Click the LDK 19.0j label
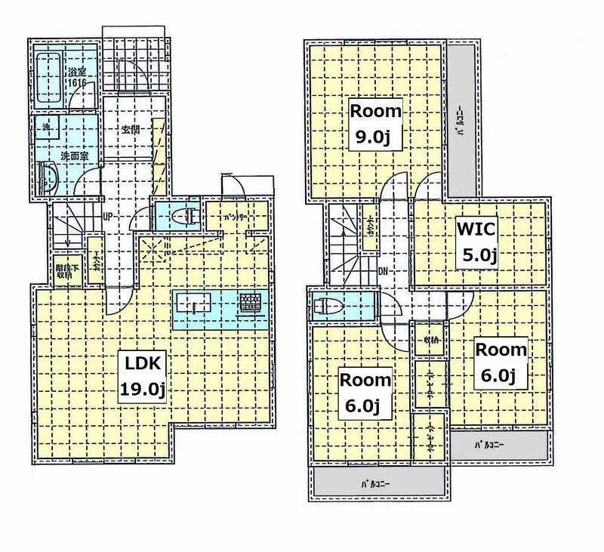pos(142,376)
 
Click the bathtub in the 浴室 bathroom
pos(51,79)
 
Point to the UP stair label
pos(108,216)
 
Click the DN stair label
pos(384,270)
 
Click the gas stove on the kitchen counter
pos(250,304)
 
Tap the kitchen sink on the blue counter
pos(194,306)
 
